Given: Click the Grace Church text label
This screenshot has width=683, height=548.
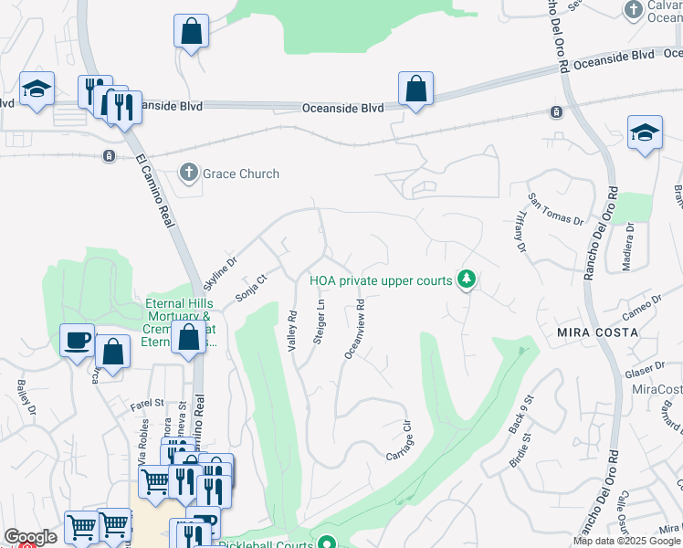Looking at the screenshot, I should coord(240,174).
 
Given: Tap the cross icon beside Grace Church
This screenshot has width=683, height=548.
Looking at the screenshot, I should coord(189,173).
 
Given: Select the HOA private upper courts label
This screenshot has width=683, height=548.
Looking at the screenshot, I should coord(381,280).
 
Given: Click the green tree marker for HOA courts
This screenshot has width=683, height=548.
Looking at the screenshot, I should coord(467,278).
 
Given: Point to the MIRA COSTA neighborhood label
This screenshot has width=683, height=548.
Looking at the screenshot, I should coord(598,332).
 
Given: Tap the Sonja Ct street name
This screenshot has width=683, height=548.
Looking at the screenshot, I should coord(250,289).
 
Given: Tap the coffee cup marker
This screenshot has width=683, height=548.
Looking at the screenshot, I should coord(77,340).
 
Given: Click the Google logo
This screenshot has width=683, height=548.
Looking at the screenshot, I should coord(30,538).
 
